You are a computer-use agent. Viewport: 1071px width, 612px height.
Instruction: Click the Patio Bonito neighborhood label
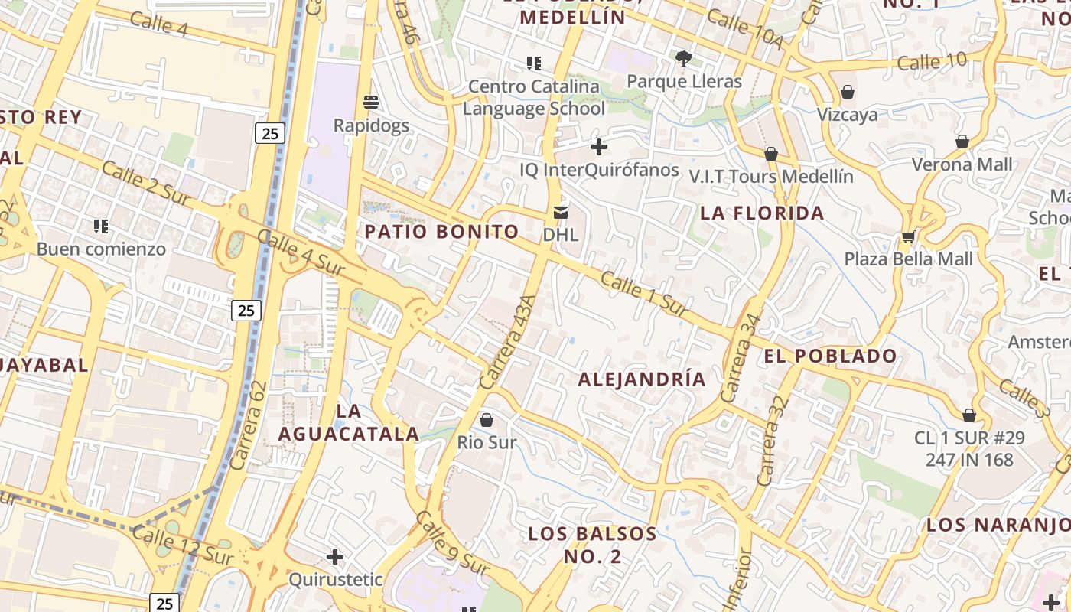point(441,231)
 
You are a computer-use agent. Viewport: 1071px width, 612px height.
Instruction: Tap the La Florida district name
point(762,213)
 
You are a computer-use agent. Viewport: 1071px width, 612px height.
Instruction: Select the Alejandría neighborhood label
point(641,379)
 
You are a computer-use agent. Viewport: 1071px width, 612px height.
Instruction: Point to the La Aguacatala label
point(348,423)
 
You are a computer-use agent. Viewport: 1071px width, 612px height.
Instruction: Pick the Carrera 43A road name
point(505,342)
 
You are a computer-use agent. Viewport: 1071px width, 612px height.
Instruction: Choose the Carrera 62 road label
point(249,425)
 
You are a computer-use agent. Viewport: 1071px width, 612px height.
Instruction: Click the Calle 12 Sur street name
point(181,545)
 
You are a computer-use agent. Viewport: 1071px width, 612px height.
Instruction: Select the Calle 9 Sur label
point(451,544)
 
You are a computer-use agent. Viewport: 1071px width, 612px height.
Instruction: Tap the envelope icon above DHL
point(561,212)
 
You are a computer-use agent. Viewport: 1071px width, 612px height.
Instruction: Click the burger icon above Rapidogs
point(371,102)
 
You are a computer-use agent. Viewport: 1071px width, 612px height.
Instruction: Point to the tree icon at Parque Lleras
point(684,58)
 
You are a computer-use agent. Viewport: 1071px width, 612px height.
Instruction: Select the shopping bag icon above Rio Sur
point(487,420)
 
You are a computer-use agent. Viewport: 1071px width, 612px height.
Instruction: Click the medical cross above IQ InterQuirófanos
point(599,146)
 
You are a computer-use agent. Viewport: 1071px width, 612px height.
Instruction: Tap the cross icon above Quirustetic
point(334,556)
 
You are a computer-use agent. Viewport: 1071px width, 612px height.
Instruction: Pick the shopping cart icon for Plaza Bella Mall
point(908,236)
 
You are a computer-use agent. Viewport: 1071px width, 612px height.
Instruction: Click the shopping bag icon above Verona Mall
point(962,142)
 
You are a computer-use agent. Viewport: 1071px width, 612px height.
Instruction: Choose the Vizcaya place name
point(847,115)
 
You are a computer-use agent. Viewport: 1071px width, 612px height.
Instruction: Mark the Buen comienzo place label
point(101,249)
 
